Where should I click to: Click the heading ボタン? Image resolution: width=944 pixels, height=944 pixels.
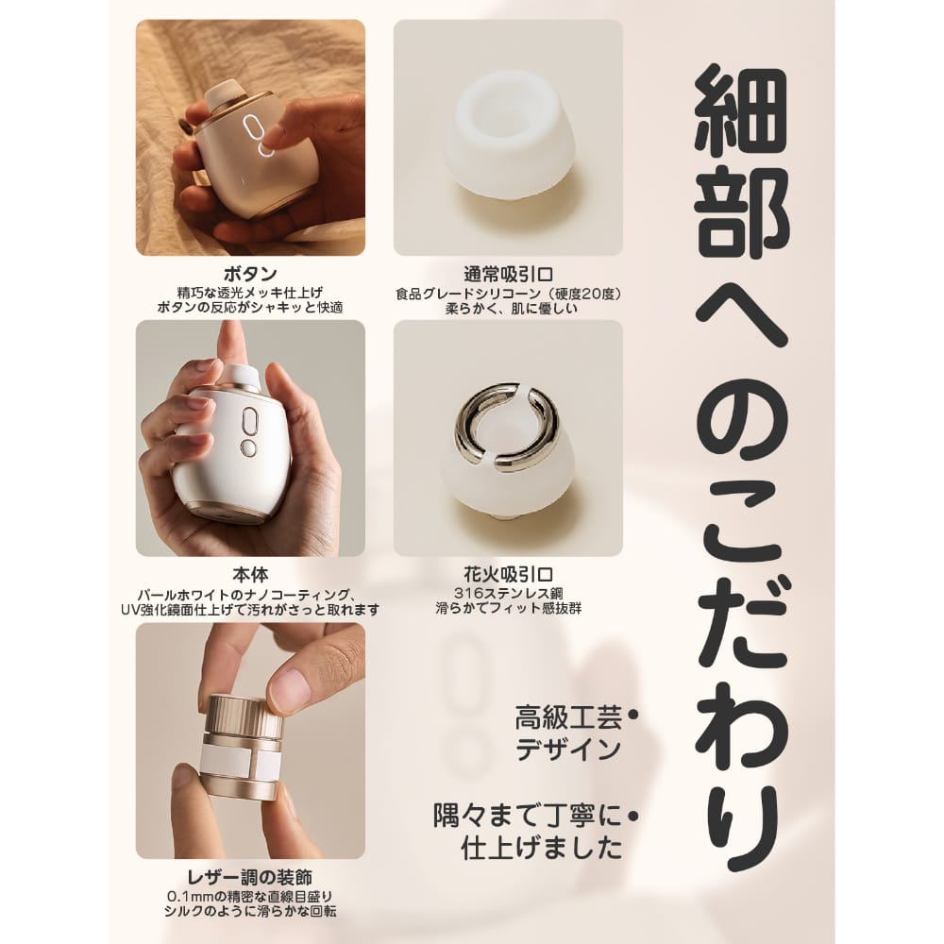tap(250, 275)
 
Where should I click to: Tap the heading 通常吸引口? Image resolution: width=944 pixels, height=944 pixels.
tap(508, 275)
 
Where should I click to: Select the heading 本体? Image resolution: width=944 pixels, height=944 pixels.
tap(250, 574)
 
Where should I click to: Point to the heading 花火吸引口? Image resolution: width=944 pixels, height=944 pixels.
tap(508, 574)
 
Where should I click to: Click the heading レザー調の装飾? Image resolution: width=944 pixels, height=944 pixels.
tap(250, 877)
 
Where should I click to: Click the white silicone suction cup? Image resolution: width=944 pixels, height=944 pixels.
tap(507, 138)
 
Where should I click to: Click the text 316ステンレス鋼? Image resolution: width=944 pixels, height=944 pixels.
tap(508, 594)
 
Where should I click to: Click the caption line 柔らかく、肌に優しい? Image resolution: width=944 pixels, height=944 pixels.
tap(508, 309)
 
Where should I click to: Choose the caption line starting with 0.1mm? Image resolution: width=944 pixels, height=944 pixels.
tap(250, 897)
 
